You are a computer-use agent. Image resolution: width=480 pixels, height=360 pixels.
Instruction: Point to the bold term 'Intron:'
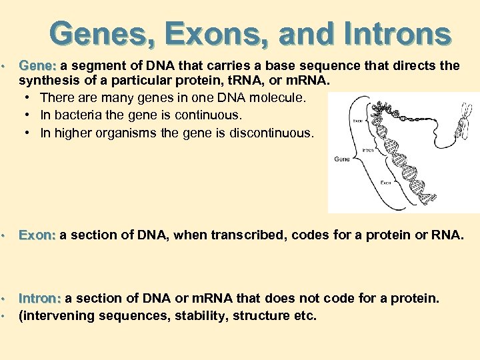click(x=41, y=298)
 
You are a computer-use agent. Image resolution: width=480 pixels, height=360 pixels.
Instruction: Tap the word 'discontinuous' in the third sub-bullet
click(x=271, y=133)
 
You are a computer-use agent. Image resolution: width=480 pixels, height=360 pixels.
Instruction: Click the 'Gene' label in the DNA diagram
click(x=341, y=159)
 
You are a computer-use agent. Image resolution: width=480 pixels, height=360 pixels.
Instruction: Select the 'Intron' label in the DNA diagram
click(x=367, y=151)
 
